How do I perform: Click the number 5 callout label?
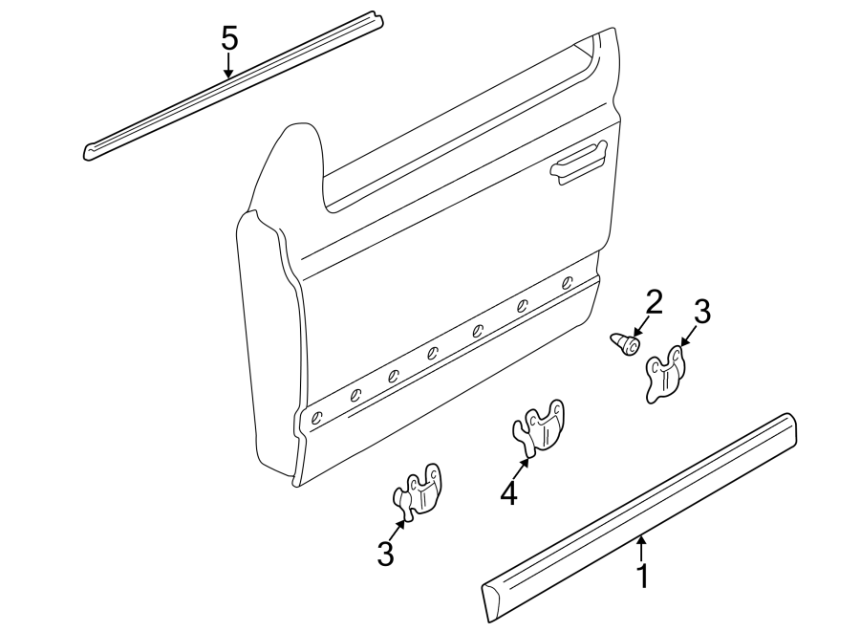229,39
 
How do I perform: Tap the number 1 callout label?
643,577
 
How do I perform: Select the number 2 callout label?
654,302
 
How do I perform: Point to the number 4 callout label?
508,493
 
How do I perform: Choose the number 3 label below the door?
385,554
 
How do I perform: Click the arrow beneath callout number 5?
229,66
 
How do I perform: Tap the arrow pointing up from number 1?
642,549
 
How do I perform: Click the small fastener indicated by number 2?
624,342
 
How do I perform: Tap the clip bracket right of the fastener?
666,374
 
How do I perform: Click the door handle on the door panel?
577,160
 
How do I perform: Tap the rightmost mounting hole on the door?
568,282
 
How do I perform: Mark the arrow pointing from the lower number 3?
400,528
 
